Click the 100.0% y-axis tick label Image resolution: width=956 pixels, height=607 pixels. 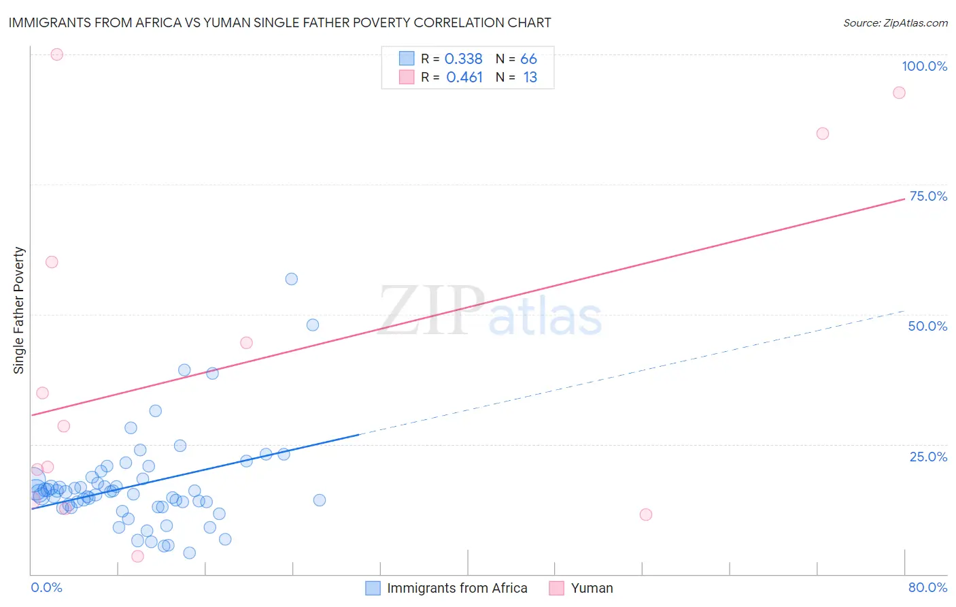coord(924,66)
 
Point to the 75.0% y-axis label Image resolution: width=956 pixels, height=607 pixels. coord(928,196)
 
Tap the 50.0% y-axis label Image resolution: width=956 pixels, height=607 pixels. coord(927,326)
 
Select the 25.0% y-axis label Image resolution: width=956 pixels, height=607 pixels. coord(928,457)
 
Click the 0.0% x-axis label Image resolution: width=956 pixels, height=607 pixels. coord(46,587)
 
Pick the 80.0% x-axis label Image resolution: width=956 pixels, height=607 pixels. coord(927,587)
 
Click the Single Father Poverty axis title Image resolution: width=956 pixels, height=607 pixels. coord(19,310)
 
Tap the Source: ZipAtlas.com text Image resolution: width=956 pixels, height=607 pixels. coord(895,22)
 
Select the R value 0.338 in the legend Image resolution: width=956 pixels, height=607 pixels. coord(463,59)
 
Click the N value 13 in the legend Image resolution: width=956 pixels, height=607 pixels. coord(530,78)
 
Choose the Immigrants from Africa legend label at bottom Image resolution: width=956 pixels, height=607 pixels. coord(457,588)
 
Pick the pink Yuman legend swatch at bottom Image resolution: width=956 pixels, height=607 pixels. coord(557,588)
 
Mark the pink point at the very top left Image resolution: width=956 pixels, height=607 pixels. coord(57,54)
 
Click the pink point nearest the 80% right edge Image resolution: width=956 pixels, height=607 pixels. coord(899,93)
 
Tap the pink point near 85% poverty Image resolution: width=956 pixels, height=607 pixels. coord(822,133)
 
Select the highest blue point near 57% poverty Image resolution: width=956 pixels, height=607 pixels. coord(292,279)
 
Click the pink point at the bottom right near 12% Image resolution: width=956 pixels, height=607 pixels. coord(646,514)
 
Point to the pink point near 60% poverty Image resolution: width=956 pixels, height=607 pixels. coord(52,262)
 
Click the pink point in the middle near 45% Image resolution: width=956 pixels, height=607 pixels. coord(246,343)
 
